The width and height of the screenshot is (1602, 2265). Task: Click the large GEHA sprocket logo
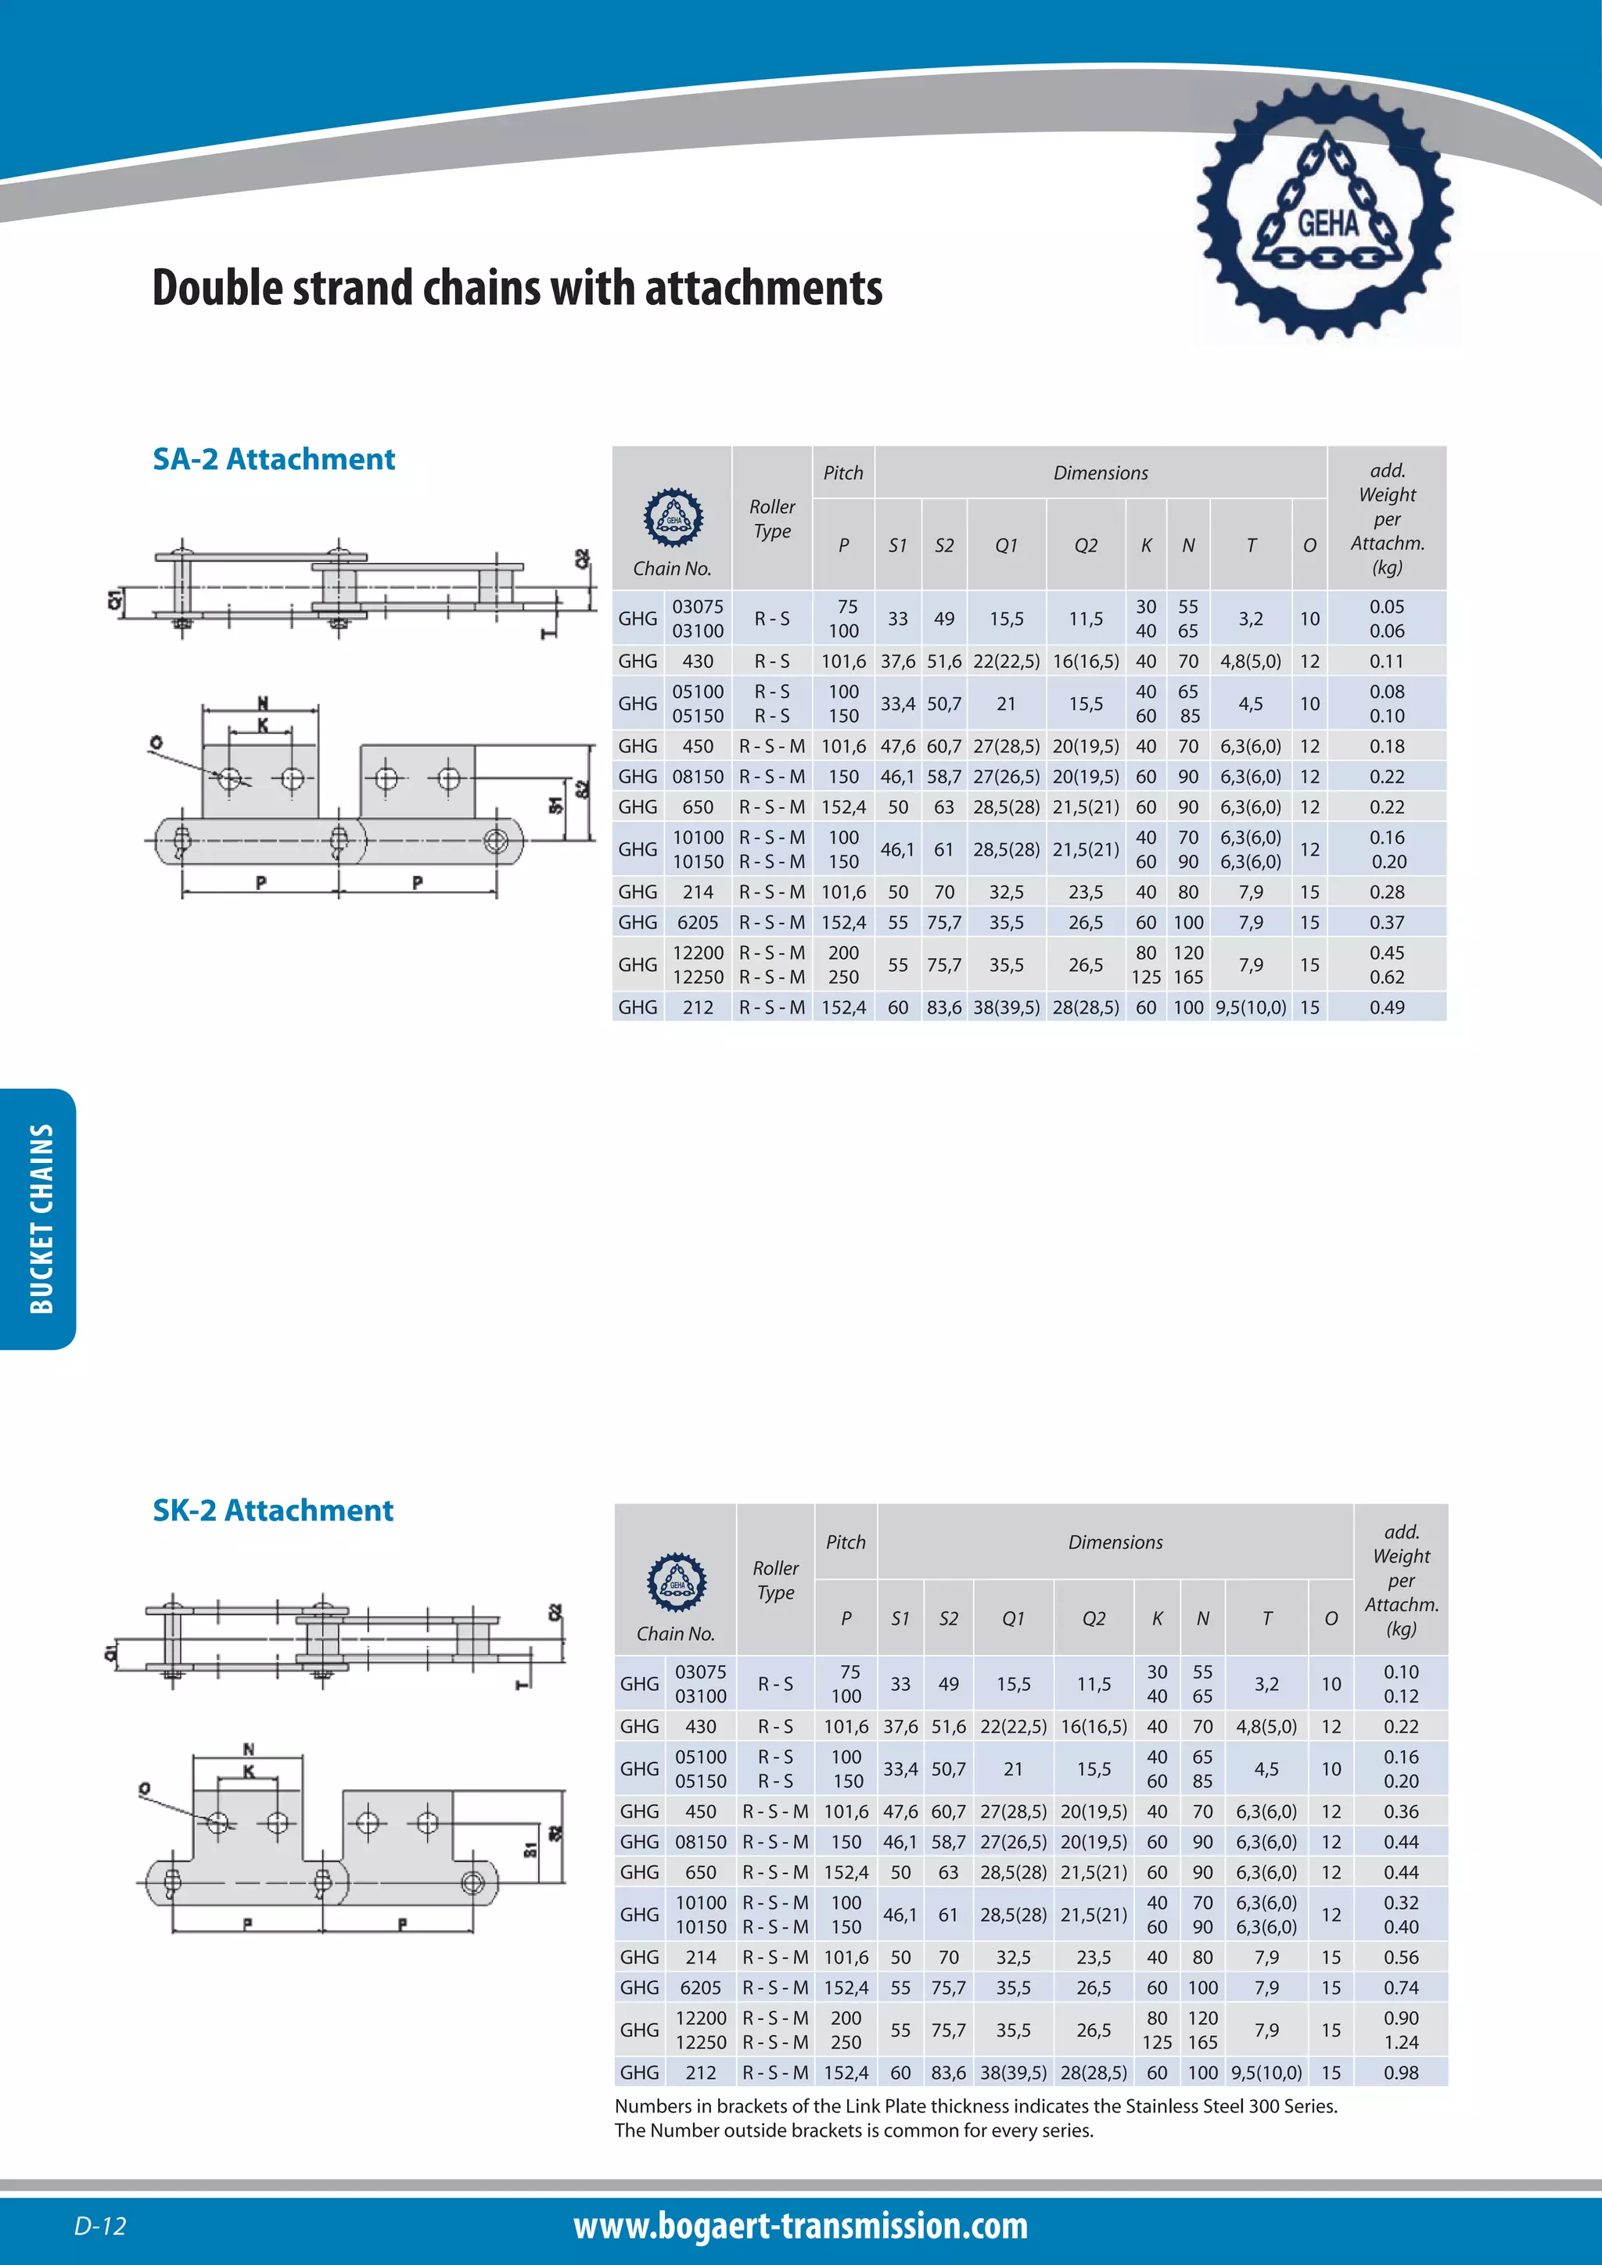[1325, 213]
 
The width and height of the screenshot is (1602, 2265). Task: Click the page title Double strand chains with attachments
[517, 288]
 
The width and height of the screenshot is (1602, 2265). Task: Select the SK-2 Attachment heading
[272, 1510]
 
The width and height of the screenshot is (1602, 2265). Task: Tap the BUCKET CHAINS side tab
[39, 1219]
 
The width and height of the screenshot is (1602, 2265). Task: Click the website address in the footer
[800, 2226]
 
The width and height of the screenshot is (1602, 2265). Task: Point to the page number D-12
[99, 2226]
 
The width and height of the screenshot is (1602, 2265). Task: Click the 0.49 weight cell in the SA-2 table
[1386, 1007]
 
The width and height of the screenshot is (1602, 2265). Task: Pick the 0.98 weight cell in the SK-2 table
[1399, 2073]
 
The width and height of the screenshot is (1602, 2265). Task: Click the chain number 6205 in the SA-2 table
[698, 922]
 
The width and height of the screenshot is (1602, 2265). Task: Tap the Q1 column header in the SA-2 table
[1005, 546]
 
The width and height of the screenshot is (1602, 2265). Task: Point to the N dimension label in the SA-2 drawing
[262, 702]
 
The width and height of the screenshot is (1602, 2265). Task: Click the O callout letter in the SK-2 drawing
[145, 1788]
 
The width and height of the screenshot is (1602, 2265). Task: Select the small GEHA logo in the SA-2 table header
[673, 517]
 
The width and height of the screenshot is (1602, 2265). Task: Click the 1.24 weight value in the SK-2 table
[1399, 2042]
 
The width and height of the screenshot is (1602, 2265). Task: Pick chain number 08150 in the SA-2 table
[698, 777]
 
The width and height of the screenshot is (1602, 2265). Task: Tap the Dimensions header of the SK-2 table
[1115, 1542]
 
